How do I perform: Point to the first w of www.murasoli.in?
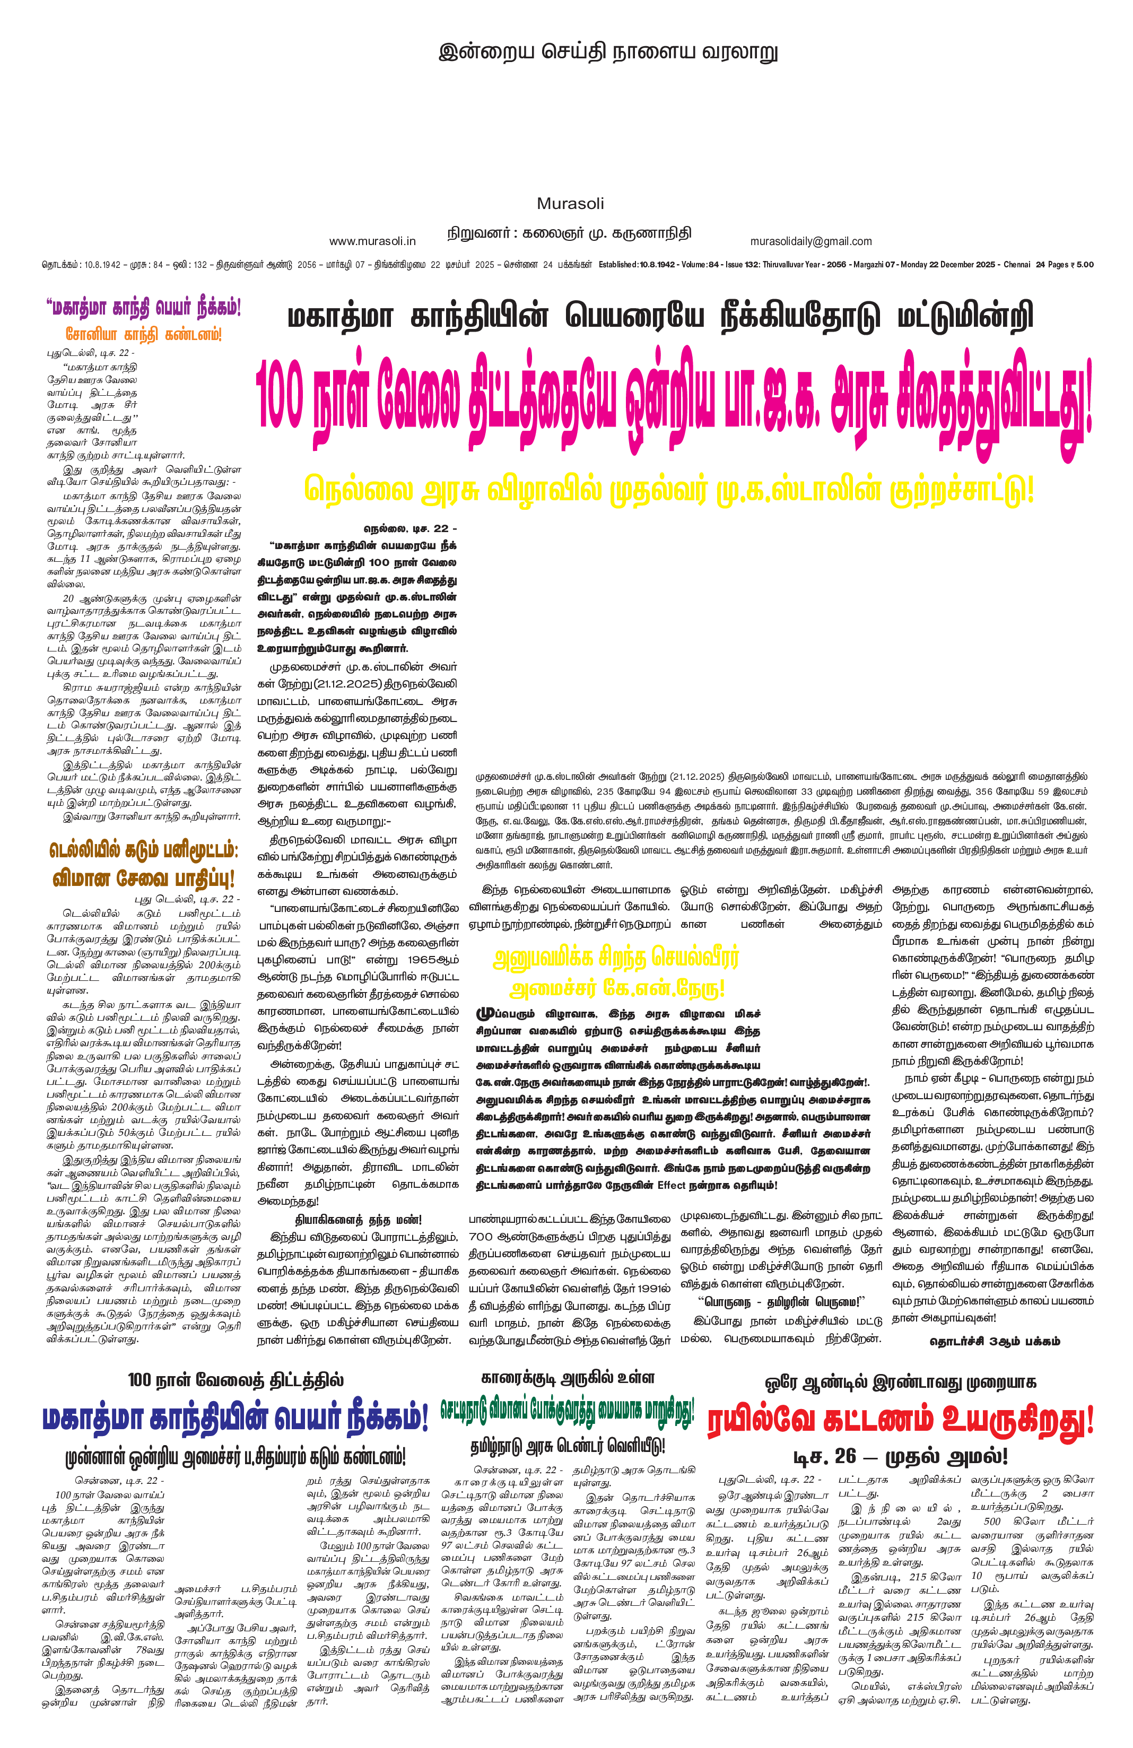coord(333,241)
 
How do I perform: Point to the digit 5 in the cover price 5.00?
coord(1079,264)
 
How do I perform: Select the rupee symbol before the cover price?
coord(1072,264)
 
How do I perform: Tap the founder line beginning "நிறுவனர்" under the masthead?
coord(569,233)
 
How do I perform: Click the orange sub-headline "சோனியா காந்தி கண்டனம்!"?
coord(143,334)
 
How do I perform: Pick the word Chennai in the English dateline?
coord(1017,264)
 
